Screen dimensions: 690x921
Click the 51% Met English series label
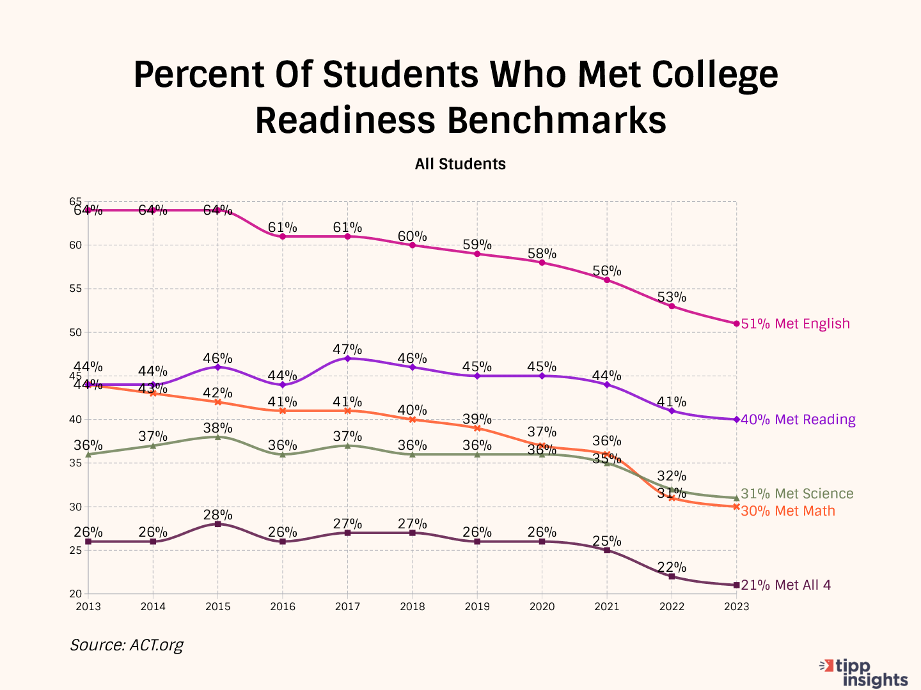coord(795,324)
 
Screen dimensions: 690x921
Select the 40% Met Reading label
coord(798,420)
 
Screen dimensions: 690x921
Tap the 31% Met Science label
coord(797,494)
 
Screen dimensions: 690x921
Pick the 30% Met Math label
coord(788,511)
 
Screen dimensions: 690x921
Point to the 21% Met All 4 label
coord(785,585)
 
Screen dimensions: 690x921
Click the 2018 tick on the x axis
coord(413,606)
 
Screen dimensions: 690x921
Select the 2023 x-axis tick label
coord(736,606)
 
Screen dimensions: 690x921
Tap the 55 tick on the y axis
coord(75,289)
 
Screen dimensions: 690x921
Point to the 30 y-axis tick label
coord(75,507)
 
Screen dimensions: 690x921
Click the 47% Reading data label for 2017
coord(347,349)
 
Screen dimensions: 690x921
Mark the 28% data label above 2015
coord(218,515)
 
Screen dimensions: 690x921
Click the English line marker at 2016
coord(283,236)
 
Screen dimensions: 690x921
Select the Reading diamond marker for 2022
coord(672,411)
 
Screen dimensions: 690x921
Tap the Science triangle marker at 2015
coord(218,437)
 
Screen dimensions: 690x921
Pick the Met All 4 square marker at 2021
coord(607,550)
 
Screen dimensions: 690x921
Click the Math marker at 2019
coord(477,428)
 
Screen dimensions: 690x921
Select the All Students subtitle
coord(460,164)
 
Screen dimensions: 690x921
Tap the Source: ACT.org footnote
coord(127,645)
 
